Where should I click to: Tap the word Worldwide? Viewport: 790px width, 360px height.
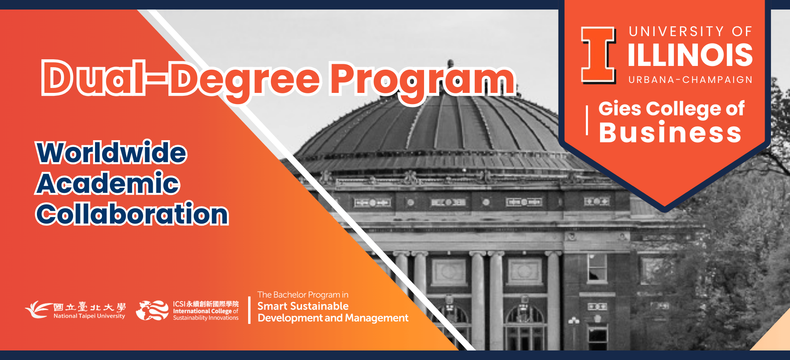coord(112,153)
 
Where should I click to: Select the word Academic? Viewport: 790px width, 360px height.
coord(108,183)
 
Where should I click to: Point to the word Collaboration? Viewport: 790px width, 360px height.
coord(132,214)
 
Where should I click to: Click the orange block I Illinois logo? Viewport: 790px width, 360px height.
coord(598,55)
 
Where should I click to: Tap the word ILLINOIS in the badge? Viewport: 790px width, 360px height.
coord(690,55)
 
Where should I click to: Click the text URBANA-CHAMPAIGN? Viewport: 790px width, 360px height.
coord(690,80)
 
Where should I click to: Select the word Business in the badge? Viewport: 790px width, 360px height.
coord(670,133)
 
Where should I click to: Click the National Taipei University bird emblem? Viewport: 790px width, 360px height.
coord(38,309)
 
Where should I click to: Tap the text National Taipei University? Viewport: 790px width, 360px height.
coord(89,316)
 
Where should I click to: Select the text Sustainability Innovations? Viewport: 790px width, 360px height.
coord(206,318)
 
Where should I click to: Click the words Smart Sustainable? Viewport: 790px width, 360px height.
coord(303,306)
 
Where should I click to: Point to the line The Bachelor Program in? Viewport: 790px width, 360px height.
coord(303,295)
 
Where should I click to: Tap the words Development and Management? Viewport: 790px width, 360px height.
coord(333,318)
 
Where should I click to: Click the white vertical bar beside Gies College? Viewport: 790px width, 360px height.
coord(587,120)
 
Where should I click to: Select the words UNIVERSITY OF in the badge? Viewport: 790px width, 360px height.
coord(690,32)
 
